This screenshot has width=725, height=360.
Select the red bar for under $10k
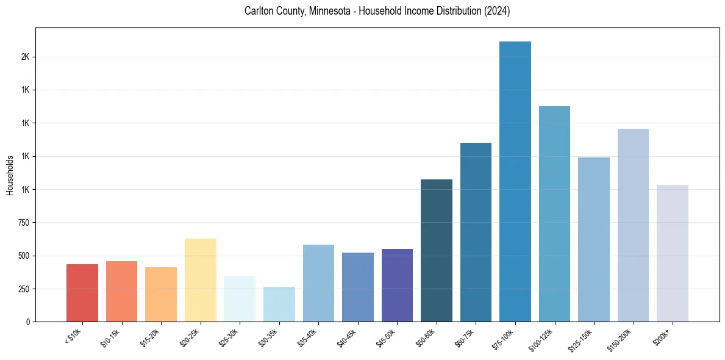82,293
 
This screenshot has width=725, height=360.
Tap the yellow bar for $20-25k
200,280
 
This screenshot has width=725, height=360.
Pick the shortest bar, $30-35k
279,304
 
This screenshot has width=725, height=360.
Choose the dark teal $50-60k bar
436,250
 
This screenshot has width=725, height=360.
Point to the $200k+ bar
672,253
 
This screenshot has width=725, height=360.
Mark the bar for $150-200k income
633,225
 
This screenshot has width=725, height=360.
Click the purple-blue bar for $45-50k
397,285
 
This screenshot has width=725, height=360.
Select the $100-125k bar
554,214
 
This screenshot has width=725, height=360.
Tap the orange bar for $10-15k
121,291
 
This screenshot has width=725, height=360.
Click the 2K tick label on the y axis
25,57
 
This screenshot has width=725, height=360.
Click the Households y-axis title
10,175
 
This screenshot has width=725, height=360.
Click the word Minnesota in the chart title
332,11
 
